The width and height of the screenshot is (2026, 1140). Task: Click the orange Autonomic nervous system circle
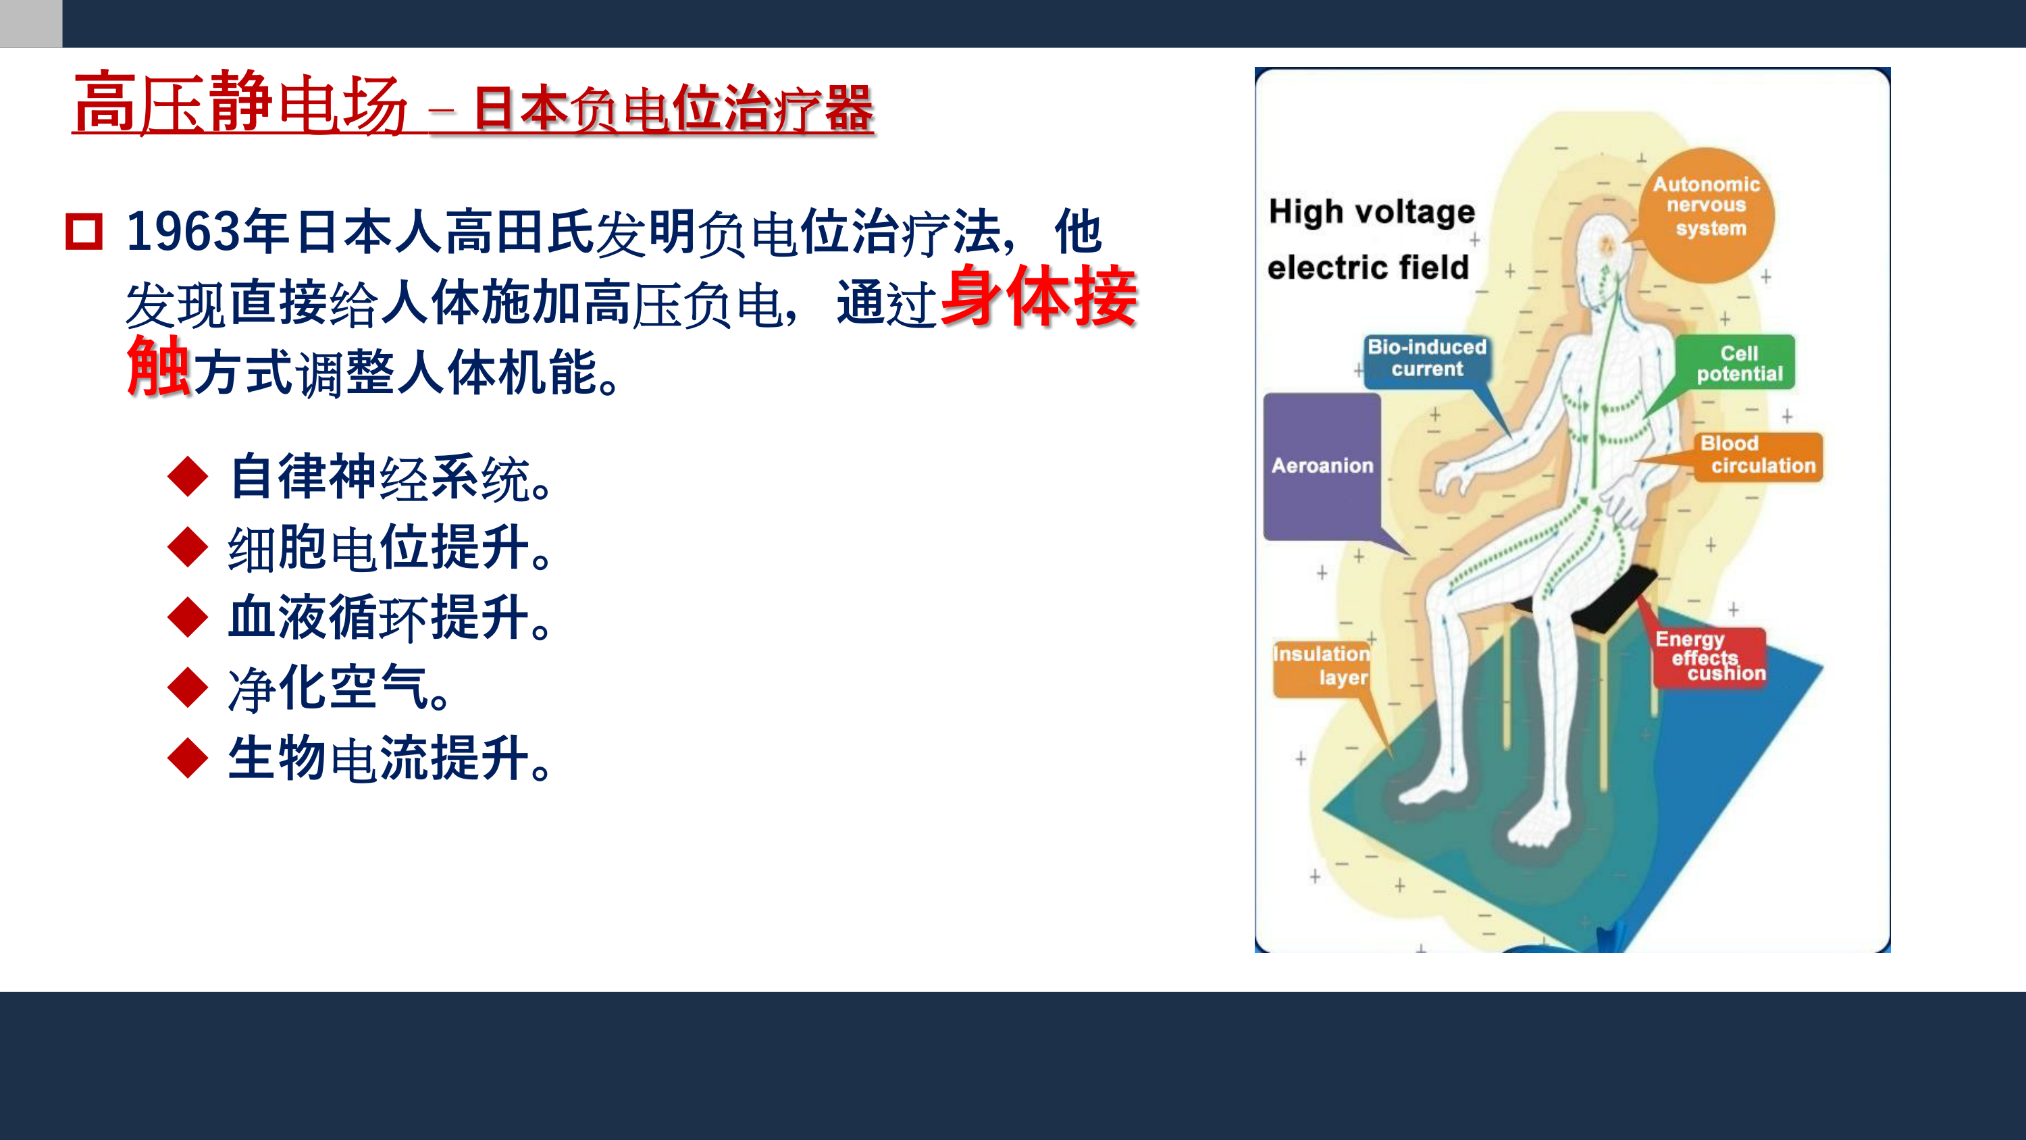1706,215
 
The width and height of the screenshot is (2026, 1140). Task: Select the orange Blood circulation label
1759,457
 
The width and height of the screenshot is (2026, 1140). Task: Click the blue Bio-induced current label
1427,359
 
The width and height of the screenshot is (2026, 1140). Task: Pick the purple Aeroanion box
1322,467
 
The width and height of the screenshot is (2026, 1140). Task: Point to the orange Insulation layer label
1322,667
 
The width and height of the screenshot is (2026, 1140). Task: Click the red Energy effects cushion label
1710,656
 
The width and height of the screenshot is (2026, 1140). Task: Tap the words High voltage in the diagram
1372,213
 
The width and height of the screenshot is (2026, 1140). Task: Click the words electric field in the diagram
1368,267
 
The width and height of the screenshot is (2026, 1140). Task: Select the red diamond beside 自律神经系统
188,476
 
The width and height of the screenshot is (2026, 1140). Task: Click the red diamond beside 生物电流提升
188,758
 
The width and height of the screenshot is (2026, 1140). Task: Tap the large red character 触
158,366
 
